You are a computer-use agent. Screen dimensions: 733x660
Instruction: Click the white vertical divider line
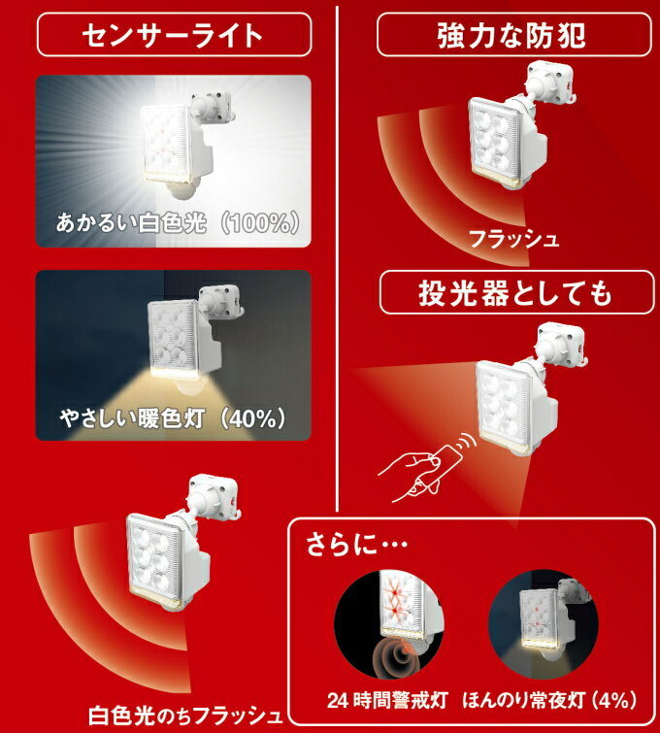tap(336, 252)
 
